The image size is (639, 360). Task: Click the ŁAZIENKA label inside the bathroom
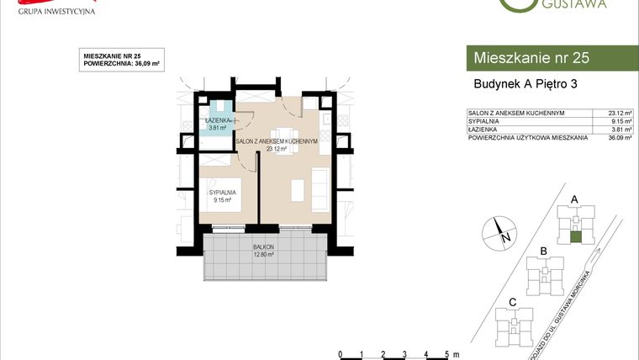click(x=221, y=121)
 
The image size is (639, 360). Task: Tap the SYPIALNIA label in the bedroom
click(x=223, y=193)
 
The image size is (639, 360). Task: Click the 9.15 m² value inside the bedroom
click(x=223, y=200)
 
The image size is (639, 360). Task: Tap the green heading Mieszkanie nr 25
click(x=531, y=58)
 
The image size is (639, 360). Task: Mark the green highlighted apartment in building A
click(x=575, y=237)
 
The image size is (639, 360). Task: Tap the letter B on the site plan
click(x=544, y=251)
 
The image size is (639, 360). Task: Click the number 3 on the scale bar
click(x=405, y=354)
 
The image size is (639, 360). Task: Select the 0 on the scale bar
click(x=339, y=354)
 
